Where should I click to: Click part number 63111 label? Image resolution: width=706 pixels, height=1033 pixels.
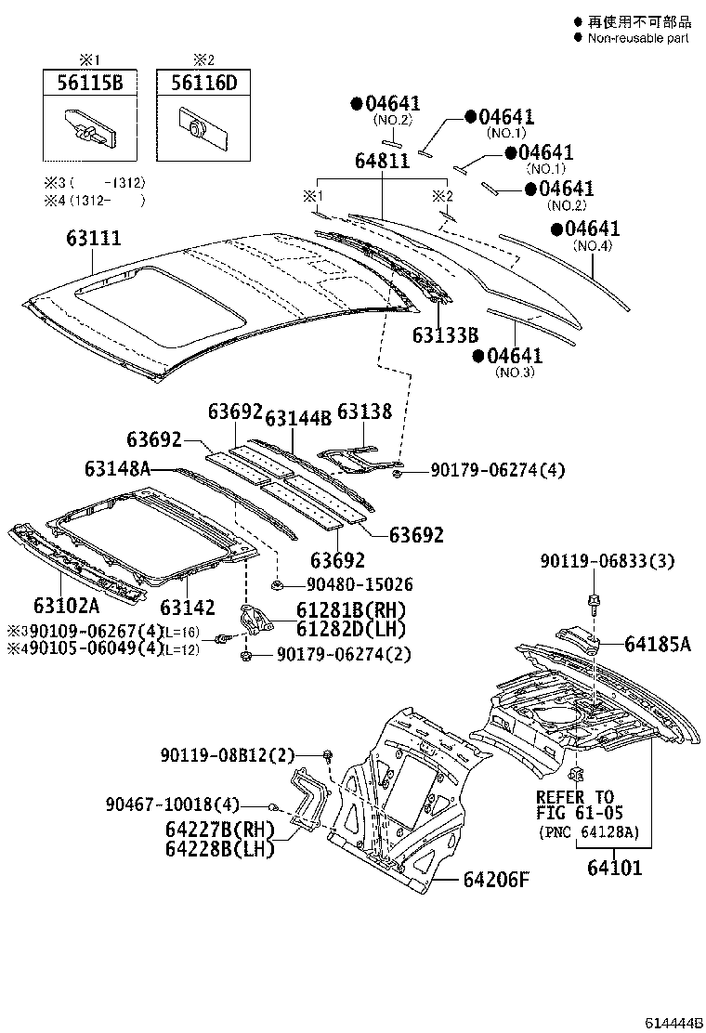pos(93,239)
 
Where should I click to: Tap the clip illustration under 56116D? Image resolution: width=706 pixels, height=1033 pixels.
pos(197,126)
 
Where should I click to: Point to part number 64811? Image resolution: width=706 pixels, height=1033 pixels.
pos(381,161)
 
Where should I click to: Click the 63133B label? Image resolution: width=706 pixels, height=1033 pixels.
pos(447,335)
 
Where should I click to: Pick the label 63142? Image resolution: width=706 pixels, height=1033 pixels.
pos(186,608)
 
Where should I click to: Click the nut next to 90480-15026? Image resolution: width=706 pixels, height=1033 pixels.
pos(278,584)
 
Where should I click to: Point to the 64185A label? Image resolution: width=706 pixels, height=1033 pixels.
pos(657,644)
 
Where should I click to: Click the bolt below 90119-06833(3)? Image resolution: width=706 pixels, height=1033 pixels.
pos(593,605)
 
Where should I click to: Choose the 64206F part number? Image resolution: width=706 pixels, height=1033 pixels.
pos(495,879)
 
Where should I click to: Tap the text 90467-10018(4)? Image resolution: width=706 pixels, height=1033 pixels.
pos(172,804)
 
